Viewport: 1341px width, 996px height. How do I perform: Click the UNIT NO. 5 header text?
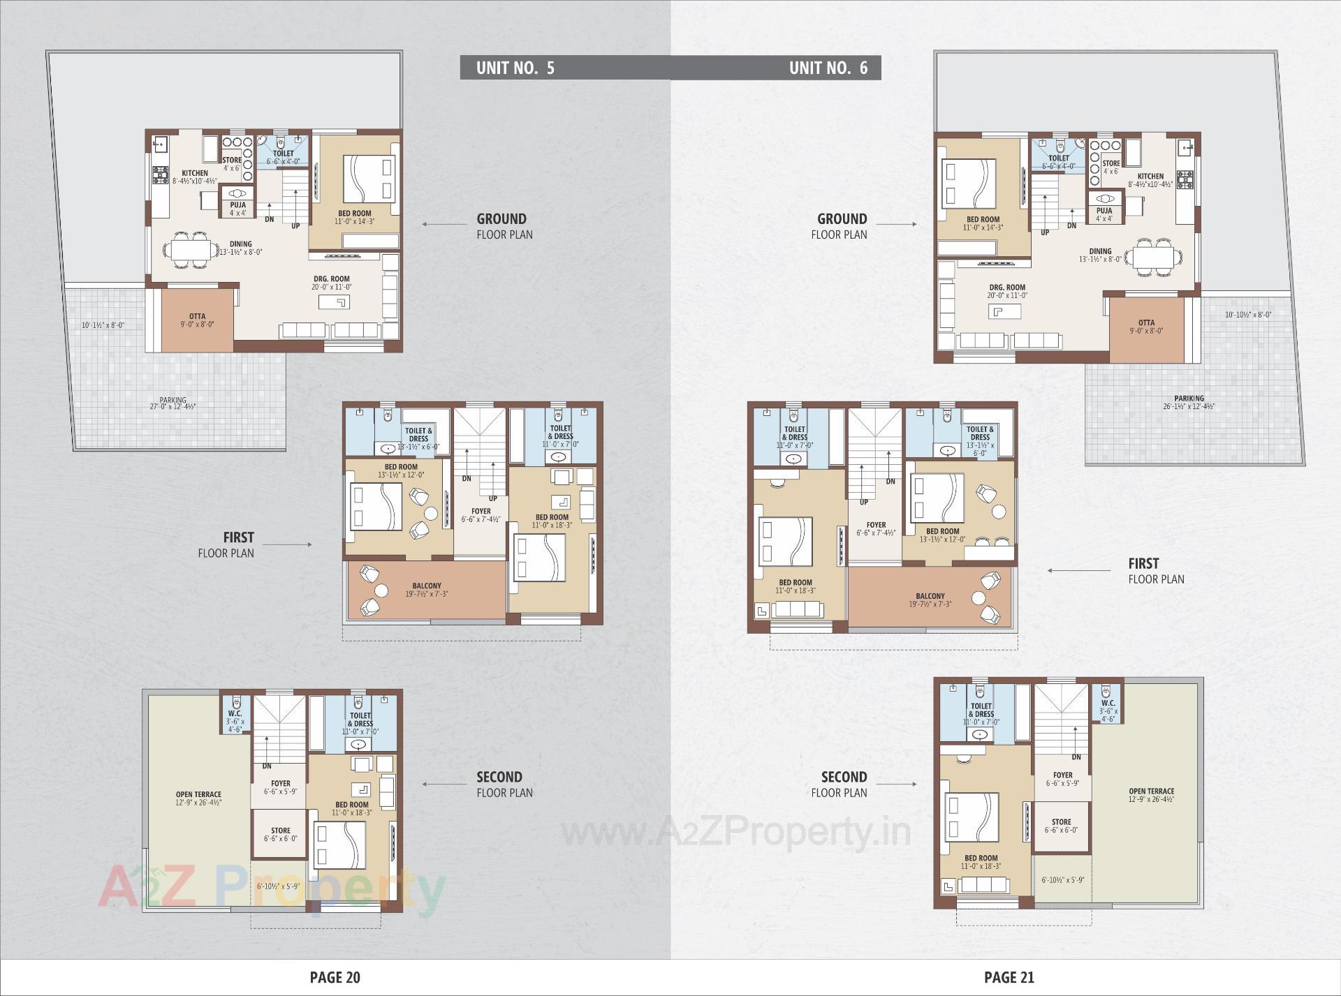(x=515, y=68)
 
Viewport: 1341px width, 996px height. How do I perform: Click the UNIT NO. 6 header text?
(x=828, y=68)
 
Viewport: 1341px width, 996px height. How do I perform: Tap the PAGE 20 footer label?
(x=335, y=977)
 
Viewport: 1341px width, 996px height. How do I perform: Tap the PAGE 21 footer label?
(x=1009, y=977)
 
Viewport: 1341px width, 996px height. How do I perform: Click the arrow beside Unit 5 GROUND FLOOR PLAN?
(x=444, y=225)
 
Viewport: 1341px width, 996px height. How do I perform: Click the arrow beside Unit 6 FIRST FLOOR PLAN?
(x=1078, y=570)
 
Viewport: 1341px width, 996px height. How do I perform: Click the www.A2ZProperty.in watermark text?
(x=736, y=832)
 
